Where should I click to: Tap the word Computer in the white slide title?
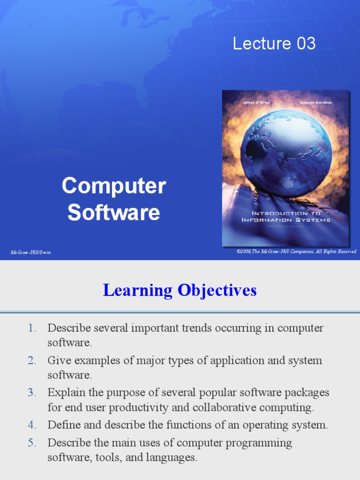114,186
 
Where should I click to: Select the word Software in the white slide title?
114,212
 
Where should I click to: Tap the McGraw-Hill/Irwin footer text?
31,252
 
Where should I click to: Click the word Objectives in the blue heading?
217,291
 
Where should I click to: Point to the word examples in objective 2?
90,360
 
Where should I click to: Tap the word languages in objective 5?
173,457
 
